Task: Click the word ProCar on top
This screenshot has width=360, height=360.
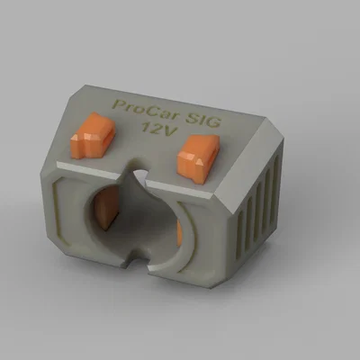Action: pos(141,110)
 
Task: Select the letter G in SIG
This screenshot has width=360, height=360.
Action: pos(214,123)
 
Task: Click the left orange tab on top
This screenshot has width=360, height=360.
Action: pos(93,135)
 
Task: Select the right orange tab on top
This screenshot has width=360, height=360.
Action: pos(198,157)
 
